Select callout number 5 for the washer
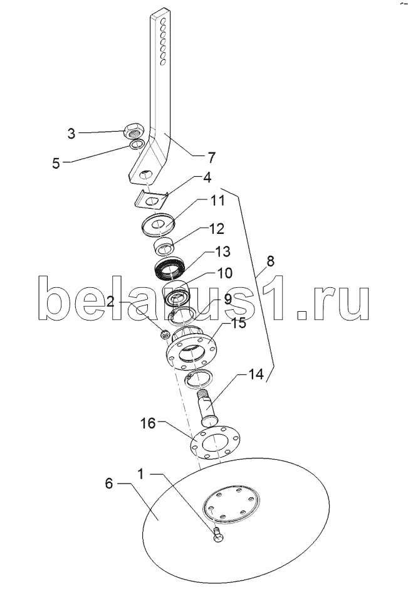[x=56, y=163]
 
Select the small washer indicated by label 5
[x=135, y=146]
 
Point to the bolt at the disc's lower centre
[x=217, y=536]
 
